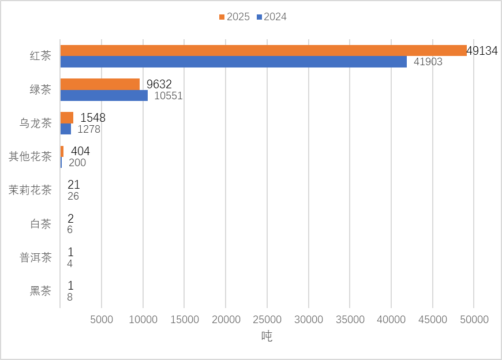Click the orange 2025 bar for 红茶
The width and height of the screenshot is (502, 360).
click(263, 51)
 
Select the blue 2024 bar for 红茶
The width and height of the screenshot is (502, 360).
click(233, 62)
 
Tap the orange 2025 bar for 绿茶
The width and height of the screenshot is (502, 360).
click(100, 84)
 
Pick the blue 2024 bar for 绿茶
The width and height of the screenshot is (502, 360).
click(104, 95)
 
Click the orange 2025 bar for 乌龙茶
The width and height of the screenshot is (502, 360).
click(66, 118)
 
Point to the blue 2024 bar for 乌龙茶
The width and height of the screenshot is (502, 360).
click(65, 129)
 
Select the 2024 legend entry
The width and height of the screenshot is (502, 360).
click(271, 17)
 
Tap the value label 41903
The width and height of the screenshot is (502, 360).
click(427, 62)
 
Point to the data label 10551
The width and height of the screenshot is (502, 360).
click(168, 96)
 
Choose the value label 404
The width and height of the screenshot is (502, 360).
click(80, 151)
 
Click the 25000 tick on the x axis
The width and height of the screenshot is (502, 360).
click(267, 319)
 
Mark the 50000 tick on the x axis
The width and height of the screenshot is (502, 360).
click(474, 319)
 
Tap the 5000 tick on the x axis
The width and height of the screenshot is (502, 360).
click(102, 319)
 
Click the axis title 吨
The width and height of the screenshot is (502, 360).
click(267, 336)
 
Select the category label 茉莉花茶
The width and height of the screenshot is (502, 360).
click(30, 190)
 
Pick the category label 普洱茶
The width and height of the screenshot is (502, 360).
click(36, 257)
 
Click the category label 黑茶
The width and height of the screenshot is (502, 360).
click(40, 291)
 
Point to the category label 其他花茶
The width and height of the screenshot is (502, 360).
click(30, 156)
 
